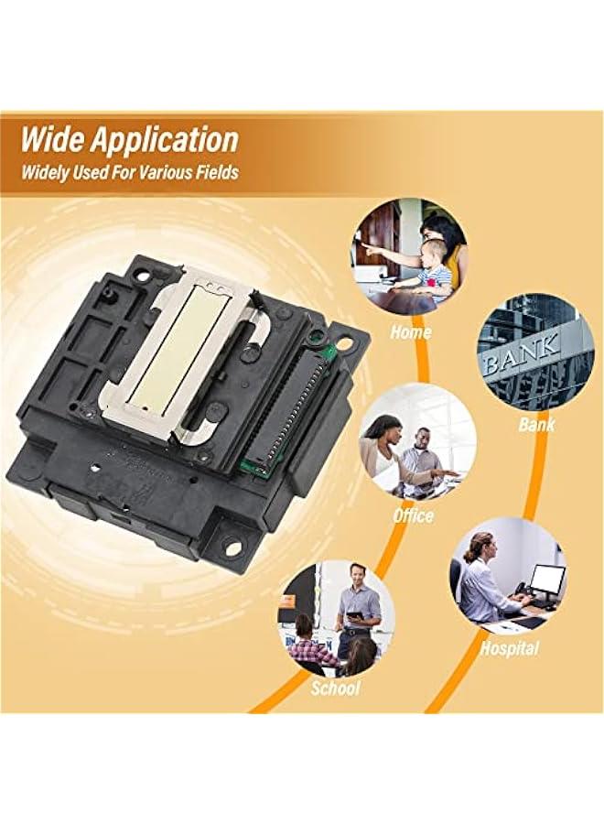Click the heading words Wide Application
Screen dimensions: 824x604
(x=130, y=140)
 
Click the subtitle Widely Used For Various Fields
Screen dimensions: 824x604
(x=130, y=172)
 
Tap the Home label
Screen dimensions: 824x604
(x=410, y=331)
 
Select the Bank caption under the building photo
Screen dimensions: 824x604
(x=536, y=424)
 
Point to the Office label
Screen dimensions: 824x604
(x=413, y=515)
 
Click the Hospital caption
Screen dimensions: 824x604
(x=510, y=648)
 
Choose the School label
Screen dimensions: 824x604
(x=335, y=688)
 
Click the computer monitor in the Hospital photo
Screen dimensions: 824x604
(x=547, y=579)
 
